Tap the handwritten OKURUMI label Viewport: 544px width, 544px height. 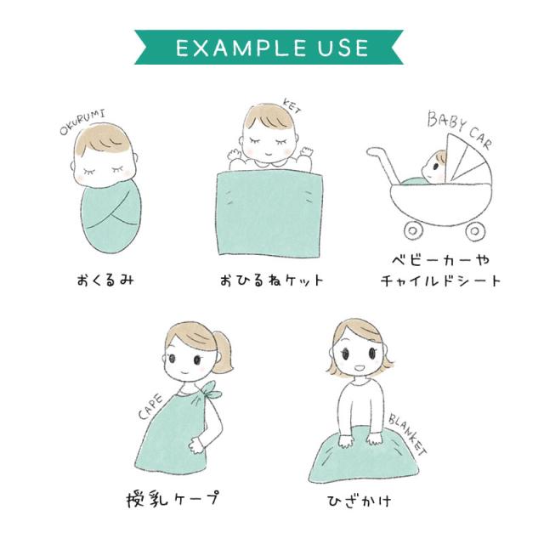click(82, 122)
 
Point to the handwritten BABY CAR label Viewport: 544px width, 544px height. click(459, 129)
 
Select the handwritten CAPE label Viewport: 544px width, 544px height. click(150, 406)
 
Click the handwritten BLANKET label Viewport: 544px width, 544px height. click(407, 433)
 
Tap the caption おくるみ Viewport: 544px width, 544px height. click(105, 280)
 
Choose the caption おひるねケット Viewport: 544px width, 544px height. click(272, 280)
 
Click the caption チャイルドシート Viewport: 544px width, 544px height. click(440, 280)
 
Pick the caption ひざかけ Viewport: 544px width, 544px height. click(360, 501)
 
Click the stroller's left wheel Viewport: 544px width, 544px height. click(414, 230)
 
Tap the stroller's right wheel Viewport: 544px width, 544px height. click(475, 230)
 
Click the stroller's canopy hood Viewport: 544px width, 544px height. click(467, 160)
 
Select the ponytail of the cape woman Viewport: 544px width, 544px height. click(222, 351)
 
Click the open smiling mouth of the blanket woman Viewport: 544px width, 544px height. click(360, 366)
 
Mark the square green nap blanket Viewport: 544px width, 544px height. click(269, 212)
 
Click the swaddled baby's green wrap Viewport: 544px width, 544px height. click(110, 217)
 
